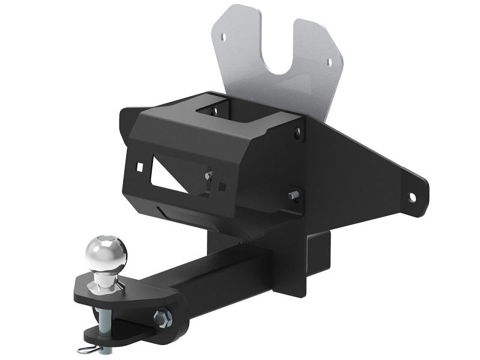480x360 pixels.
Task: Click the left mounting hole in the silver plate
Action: coord(224,37)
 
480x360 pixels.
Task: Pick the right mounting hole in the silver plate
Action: coord(328,60)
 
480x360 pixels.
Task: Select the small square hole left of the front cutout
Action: coord(140,166)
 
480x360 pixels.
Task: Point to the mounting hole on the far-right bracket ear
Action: coord(413,196)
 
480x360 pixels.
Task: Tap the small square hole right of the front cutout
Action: coord(223,186)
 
